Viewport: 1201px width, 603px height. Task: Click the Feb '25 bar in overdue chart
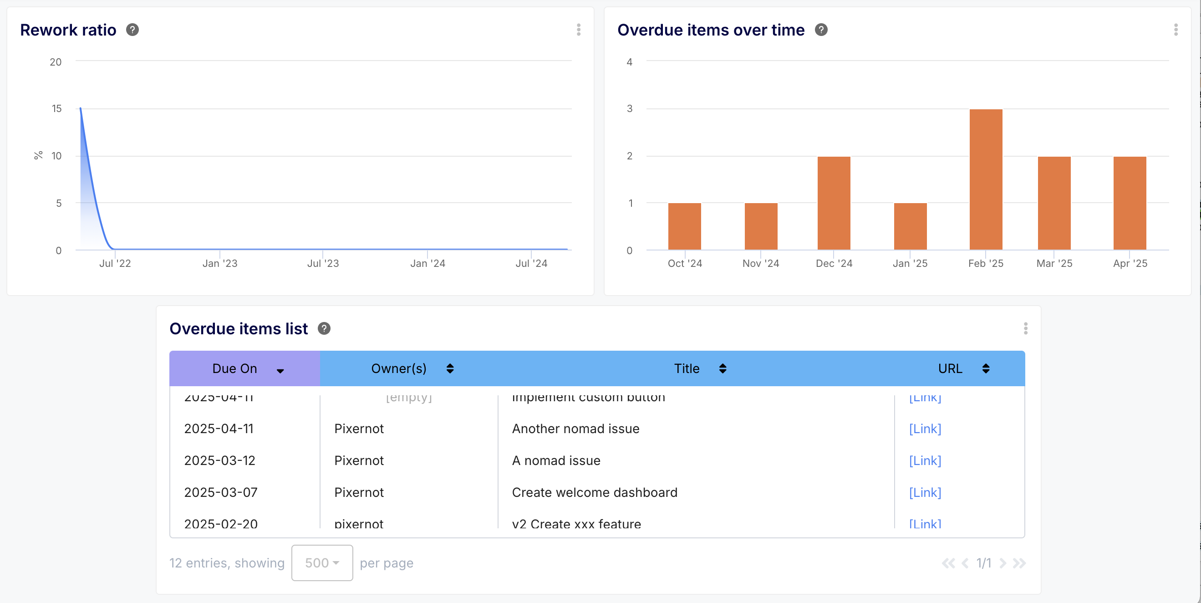pos(986,179)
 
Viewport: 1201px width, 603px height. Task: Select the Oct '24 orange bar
pos(684,226)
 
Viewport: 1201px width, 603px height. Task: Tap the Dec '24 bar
pos(834,203)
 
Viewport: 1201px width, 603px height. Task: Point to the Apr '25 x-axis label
pos(1130,264)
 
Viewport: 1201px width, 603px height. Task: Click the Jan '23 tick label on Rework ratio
pos(219,264)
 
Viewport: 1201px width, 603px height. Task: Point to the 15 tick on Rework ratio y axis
pos(56,109)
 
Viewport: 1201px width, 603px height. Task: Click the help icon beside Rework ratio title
pos(132,30)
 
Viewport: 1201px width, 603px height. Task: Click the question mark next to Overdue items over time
pos(821,30)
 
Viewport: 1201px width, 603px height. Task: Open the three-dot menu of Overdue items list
pos(1025,329)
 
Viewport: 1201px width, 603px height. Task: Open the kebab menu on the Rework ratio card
pos(579,30)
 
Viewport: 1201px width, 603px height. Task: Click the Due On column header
pos(235,368)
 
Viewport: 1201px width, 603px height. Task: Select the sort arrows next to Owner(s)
pos(450,368)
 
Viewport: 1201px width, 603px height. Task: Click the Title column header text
pos(686,368)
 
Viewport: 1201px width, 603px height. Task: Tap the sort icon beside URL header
pos(986,368)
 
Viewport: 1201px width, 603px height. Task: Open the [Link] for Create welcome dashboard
pos(925,492)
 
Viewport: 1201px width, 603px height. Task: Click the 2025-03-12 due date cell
pos(219,461)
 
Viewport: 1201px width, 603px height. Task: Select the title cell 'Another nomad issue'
pos(575,429)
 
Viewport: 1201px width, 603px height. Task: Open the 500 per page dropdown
pos(322,563)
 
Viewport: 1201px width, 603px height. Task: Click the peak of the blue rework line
pos(81,109)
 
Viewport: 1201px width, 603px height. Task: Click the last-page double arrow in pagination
pos(1019,563)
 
